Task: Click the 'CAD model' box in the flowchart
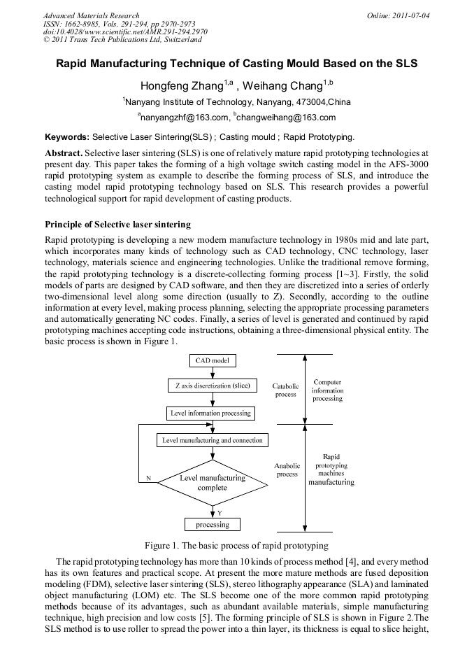(x=213, y=361)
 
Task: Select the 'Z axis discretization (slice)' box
(x=213, y=386)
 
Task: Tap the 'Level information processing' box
(x=210, y=413)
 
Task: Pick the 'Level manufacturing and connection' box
(x=213, y=440)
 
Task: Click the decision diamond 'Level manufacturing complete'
(x=213, y=483)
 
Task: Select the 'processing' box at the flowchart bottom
(x=213, y=524)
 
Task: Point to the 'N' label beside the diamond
(x=148, y=478)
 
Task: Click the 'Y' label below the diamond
(x=220, y=513)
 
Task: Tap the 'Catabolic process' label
(x=285, y=390)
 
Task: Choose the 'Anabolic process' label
(x=287, y=469)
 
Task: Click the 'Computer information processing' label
(x=327, y=390)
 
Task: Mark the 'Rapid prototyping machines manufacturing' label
(x=331, y=469)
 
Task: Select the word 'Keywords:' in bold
(x=67, y=136)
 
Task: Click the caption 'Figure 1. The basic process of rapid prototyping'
(x=236, y=545)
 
